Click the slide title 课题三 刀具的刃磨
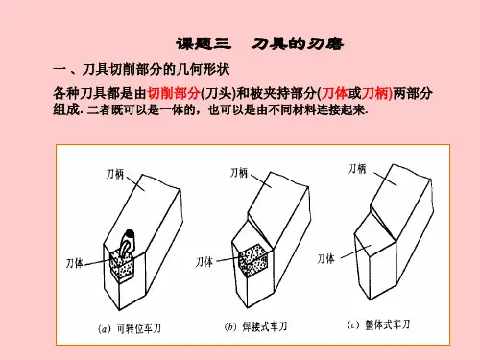click(x=259, y=44)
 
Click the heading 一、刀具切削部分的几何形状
click(x=141, y=69)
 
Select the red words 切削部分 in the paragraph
click(x=174, y=93)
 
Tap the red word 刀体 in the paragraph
click(x=334, y=93)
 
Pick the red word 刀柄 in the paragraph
click(x=374, y=93)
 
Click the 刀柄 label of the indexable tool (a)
click(x=114, y=175)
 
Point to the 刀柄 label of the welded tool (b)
click(x=239, y=173)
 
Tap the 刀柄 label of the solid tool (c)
click(x=357, y=169)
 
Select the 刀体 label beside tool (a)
click(x=75, y=263)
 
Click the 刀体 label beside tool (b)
click(x=204, y=262)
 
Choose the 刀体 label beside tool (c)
click(x=325, y=258)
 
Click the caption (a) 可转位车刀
click(x=130, y=328)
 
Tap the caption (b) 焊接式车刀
click(x=255, y=326)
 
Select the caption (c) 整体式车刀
click(x=378, y=324)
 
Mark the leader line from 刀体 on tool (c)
click(x=356, y=252)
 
